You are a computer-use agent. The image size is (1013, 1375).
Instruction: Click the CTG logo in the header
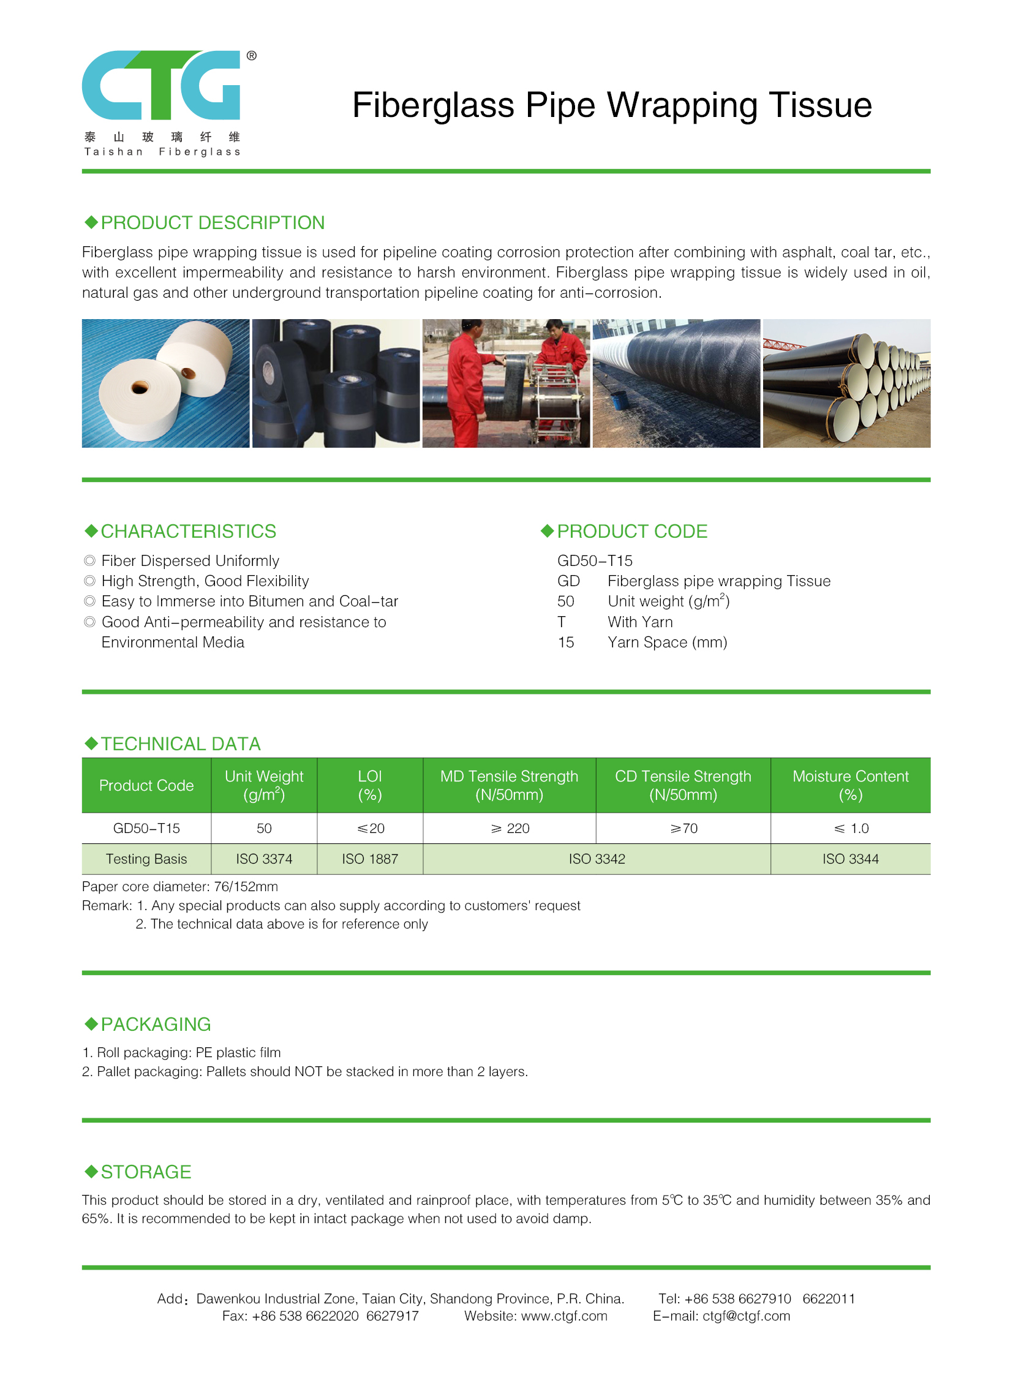click(161, 85)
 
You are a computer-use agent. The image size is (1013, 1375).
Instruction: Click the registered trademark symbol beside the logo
click(251, 56)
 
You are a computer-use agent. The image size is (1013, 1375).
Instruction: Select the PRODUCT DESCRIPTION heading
click(212, 222)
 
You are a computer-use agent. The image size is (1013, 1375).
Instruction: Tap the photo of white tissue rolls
click(165, 383)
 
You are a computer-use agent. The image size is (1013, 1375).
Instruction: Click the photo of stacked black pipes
click(846, 383)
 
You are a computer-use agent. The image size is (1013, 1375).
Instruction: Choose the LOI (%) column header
click(370, 785)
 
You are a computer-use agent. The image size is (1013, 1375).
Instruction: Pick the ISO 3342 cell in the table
click(597, 859)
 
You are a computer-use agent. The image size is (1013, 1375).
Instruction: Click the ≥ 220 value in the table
click(510, 828)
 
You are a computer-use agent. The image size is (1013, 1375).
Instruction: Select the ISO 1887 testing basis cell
click(370, 859)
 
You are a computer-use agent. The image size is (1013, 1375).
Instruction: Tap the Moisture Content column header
click(851, 785)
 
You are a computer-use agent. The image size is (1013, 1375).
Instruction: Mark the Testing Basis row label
click(146, 859)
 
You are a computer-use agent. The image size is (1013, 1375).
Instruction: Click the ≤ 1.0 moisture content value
click(851, 828)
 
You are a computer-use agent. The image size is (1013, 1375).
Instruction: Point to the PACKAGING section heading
click(156, 1024)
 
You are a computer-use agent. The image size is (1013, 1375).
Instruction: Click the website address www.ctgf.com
click(564, 1316)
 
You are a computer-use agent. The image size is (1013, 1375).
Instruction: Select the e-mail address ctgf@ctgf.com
click(746, 1316)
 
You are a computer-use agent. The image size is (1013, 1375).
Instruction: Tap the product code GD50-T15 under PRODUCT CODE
click(595, 560)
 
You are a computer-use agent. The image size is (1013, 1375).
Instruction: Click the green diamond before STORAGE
click(91, 1172)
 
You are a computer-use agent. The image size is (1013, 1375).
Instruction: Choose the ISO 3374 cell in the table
click(265, 859)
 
